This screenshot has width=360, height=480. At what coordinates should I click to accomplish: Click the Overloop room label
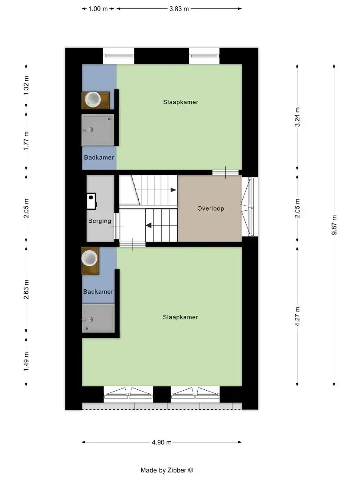click(x=211, y=208)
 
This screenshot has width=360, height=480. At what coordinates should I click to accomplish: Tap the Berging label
click(x=100, y=221)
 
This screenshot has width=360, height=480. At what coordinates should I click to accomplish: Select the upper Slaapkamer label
click(x=180, y=102)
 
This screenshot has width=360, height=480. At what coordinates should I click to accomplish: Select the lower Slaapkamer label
click(x=180, y=317)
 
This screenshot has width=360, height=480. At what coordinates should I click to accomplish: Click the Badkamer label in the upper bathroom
click(x=99, y=157)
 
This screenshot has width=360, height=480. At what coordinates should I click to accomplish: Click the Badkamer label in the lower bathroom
click(x=98, y=292)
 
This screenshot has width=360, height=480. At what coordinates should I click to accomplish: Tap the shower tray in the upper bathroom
click(x=98, y=129)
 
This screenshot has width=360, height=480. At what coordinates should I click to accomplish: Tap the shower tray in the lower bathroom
click(x=98, y=318)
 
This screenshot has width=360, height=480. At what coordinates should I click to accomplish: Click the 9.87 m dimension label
click(x=335, y=226)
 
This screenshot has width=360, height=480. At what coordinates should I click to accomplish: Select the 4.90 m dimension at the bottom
click(x=162, y=442)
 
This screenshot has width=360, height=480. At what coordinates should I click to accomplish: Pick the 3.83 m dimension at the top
click(x=179, y=8)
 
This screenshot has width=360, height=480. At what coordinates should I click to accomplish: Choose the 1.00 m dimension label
click(x=98, y=8)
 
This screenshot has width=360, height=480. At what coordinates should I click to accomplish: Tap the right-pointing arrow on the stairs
click(x=172, y=190)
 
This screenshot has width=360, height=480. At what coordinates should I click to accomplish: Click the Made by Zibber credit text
click(x=167, y=470)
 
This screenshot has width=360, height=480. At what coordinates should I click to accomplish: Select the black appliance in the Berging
click(x=92, y=201)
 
